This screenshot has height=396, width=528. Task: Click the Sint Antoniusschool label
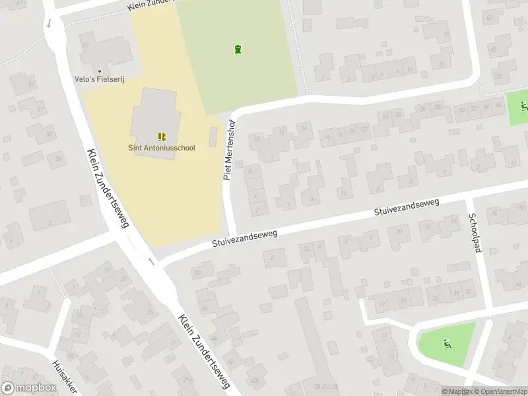click(x=161, y=148)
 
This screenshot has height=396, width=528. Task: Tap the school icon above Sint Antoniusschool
click(x=162, y=136)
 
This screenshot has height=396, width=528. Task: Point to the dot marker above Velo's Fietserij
click(x=100, y=71)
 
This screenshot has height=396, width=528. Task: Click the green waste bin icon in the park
click(x=238, y=49)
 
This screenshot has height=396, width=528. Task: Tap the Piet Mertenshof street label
click(x=229, y=150)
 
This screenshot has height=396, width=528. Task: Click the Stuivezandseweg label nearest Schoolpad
click(x=407, y=207)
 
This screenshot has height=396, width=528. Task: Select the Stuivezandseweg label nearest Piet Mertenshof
click(x=245, y=238)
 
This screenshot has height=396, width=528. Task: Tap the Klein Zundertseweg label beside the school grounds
click(x=107, y=188)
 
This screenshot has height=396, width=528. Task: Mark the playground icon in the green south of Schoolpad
click(x=447, y=343)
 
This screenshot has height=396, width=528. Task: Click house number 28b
click(x=398, y=232)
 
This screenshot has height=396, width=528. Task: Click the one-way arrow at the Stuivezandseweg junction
click(x=151, y=262)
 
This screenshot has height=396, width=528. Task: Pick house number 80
click(x=197, y=272)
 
